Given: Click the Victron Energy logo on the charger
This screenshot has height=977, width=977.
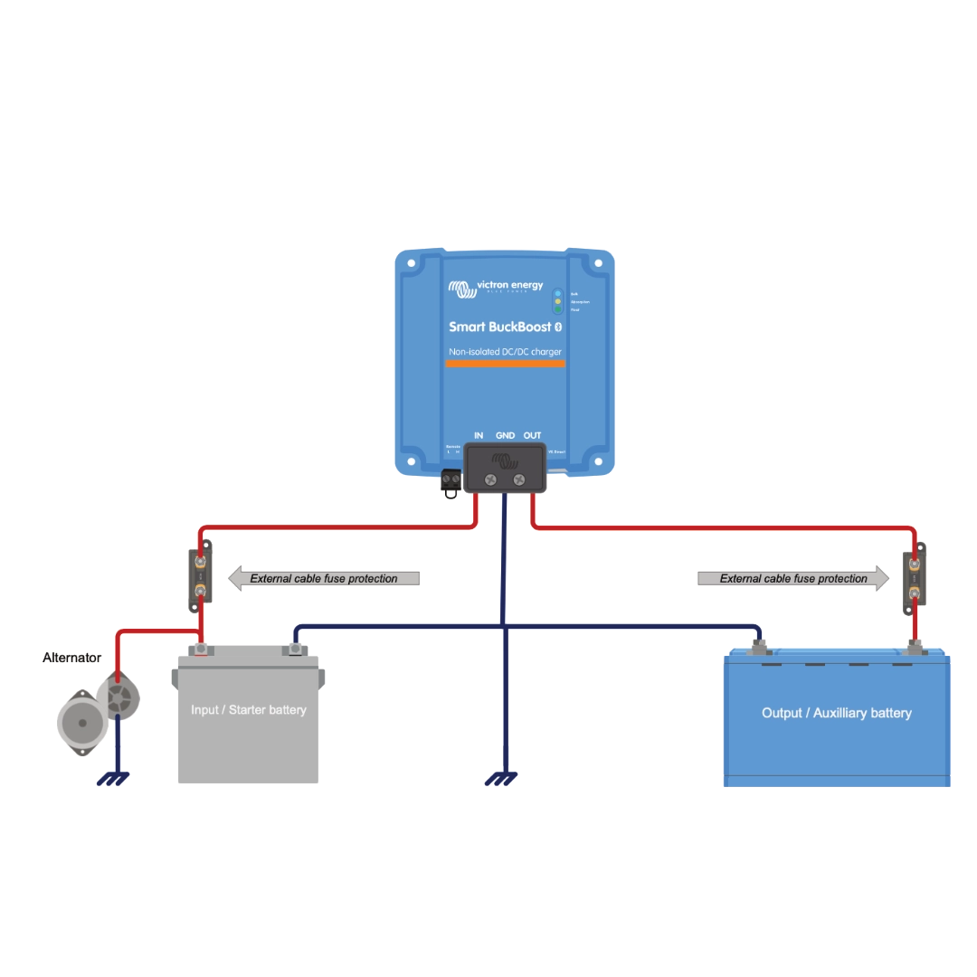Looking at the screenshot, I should tap(496, 288).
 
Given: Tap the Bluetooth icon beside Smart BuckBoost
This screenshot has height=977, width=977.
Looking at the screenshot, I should tap(558, 327).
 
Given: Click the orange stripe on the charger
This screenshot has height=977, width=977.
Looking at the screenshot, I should tap(505, 364).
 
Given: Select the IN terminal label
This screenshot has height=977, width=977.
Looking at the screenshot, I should tap(479, 436).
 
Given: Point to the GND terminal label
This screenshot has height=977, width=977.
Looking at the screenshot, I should tap(505, 436).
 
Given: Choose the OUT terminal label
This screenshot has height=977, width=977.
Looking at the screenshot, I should tap(533, 436).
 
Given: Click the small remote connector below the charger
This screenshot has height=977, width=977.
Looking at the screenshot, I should tap(451, 484).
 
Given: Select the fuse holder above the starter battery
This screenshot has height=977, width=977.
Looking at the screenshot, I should tap(200, 576).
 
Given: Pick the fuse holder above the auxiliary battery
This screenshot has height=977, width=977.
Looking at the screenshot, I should tap(915, 579).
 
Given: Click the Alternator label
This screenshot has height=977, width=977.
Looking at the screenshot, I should tap(71, 659).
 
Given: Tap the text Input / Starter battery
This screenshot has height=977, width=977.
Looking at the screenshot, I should tap(249, 710).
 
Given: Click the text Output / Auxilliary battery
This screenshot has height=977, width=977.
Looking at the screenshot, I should tap(836, 713).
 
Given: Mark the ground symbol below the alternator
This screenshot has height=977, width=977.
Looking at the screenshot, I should tap(113, 778).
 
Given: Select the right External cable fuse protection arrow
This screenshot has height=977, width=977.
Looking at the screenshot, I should tap(792, 578).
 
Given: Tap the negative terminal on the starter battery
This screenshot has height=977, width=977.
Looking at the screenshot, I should tap(294, 648).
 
